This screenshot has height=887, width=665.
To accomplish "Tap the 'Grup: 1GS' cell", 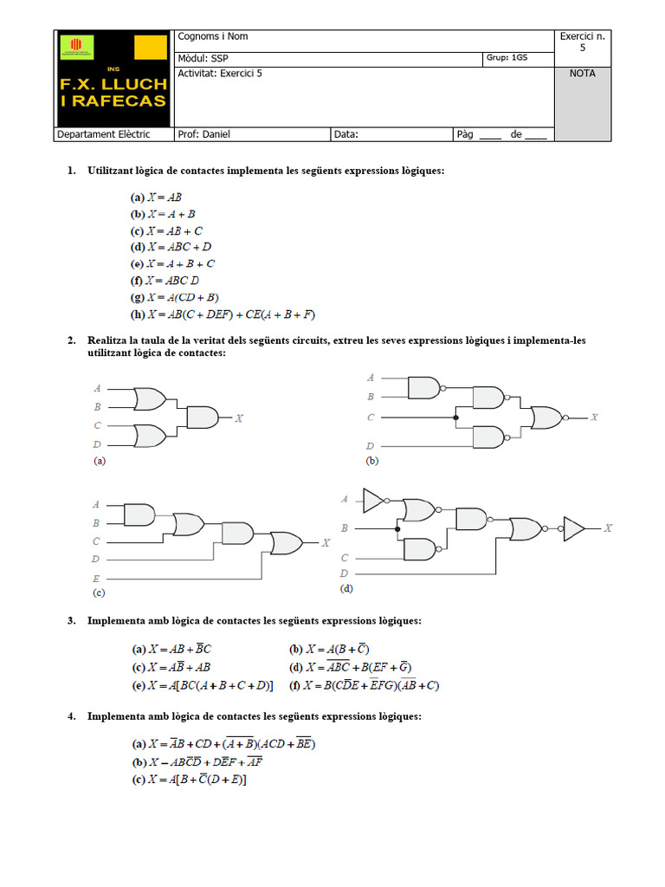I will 518,58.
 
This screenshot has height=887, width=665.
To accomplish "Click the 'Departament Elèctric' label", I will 103,134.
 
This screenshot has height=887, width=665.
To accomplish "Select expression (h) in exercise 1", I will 223,314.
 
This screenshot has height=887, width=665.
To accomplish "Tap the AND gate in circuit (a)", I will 203,418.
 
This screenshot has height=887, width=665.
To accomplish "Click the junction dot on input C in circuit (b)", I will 455,418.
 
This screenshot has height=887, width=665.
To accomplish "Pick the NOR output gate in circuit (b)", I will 546,418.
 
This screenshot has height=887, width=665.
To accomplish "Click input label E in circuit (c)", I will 96,578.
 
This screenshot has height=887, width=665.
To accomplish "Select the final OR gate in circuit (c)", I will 286,543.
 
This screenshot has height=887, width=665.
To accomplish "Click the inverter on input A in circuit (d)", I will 373,500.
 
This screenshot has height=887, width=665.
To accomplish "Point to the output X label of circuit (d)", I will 608,528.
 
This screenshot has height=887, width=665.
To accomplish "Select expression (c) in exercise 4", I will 190,780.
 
